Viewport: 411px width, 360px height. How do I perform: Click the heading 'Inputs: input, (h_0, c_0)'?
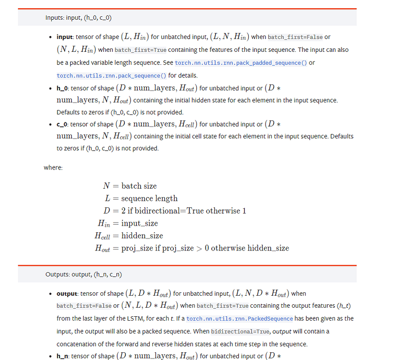tap(79, 18)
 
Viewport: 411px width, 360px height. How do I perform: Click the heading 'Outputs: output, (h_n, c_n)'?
tap(84, 274)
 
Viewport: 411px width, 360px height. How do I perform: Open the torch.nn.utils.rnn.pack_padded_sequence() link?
tap(241, 63)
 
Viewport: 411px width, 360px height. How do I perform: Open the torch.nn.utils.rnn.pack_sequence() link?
tap(111, 75)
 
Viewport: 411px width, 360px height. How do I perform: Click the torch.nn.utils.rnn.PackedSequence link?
tap(240, 319)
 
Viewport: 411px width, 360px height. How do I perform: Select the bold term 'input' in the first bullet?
tap(64, 37)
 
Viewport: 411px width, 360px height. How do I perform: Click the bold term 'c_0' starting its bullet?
tap(62, 124)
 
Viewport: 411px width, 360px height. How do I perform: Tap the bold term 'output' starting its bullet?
tap(67, 294)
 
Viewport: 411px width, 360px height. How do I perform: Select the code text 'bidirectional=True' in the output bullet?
tap(240, 331)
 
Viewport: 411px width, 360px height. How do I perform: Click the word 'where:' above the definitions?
tap(53, 168)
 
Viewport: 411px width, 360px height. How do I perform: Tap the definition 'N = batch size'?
tap(130, 186)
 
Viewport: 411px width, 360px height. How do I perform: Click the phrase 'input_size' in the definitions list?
tap(139, 223)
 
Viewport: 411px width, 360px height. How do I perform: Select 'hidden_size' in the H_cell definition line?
tap(142, 236)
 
